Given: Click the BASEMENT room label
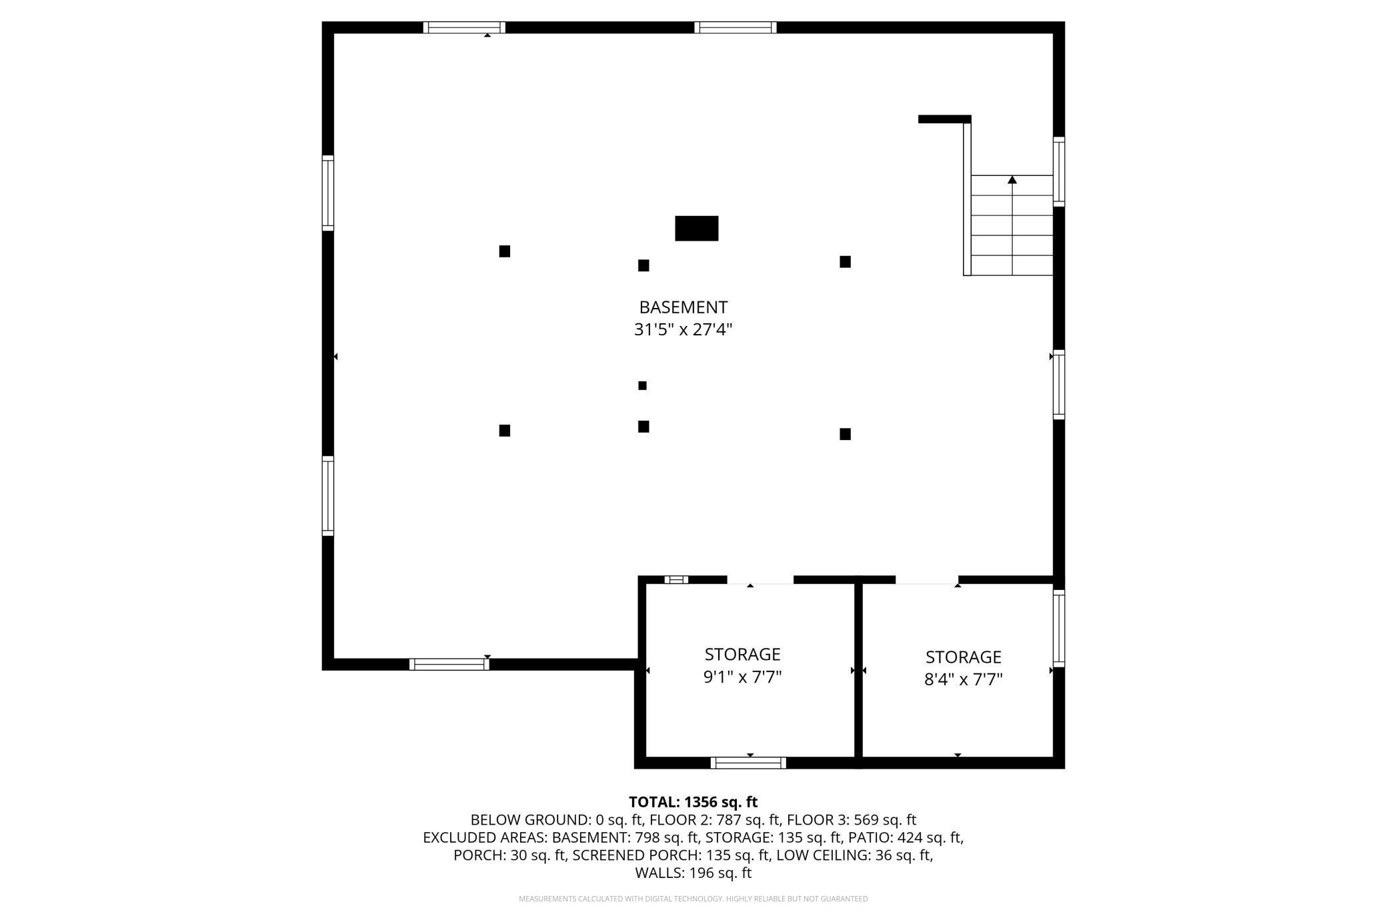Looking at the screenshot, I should pos(683,307).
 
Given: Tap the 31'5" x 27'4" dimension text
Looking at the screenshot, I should pos(683,329).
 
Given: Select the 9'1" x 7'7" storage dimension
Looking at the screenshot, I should pos(742,677).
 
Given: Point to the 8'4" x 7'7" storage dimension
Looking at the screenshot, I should pos(963,679).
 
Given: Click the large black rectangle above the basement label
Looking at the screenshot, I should pos(696,228).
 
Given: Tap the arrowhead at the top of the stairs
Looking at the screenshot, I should pos(1012,180).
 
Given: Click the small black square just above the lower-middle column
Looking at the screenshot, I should pos(642,385).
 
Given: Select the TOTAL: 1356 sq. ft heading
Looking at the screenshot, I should pos(693,802).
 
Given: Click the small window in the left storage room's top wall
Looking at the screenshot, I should pos(676,579).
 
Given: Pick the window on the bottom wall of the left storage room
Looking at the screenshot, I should pos(748,763).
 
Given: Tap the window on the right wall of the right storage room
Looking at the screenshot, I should pos(1058,628).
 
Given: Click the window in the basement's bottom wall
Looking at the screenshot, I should pos(449,664).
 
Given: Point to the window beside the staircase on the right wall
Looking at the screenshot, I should pos(1058,171).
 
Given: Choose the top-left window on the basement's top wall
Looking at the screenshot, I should pos(464,27).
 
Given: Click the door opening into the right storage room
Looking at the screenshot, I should pos(927,581).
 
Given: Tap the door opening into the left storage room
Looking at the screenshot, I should pos(760,581).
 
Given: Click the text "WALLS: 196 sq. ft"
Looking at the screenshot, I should pos(693,873).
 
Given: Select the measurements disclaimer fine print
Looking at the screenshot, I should pos(693,899).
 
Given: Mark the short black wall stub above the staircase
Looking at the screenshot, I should pos(944,119).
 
